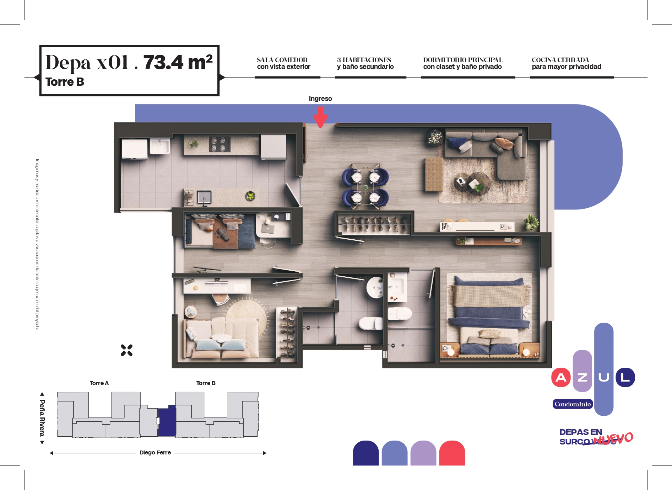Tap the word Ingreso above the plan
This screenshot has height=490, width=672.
(320, 98)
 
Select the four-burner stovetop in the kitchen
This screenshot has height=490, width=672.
(219, 144)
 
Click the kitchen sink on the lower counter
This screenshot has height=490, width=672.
(204, 197)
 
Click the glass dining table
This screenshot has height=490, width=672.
(365, 185)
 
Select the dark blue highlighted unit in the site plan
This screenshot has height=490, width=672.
(167, 421)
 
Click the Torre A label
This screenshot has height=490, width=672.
(99, 383)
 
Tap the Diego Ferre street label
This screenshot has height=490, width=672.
(155, 452)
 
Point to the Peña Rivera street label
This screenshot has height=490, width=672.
(42, 418)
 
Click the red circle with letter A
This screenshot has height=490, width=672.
(561, 377)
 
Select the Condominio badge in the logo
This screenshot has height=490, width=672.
(573, 404)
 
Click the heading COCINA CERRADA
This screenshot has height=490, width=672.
(560, 60)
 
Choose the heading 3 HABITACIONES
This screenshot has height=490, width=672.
(364, 60)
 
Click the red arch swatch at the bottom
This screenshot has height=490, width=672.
(452, 453)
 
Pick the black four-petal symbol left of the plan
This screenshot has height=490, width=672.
(126, 350)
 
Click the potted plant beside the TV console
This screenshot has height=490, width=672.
(531, 222)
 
